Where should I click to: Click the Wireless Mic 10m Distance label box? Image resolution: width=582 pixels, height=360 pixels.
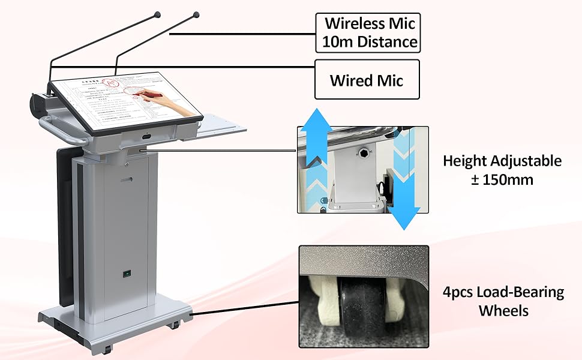point(367,33)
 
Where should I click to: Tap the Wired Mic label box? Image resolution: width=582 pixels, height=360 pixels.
point(367,80)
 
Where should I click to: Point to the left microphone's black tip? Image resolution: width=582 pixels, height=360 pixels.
point(157,13)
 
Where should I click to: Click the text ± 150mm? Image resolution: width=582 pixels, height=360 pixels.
point(502,179)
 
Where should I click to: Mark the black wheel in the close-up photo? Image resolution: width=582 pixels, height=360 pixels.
point(362,304)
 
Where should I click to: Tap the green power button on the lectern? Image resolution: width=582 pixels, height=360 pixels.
point(127,274)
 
